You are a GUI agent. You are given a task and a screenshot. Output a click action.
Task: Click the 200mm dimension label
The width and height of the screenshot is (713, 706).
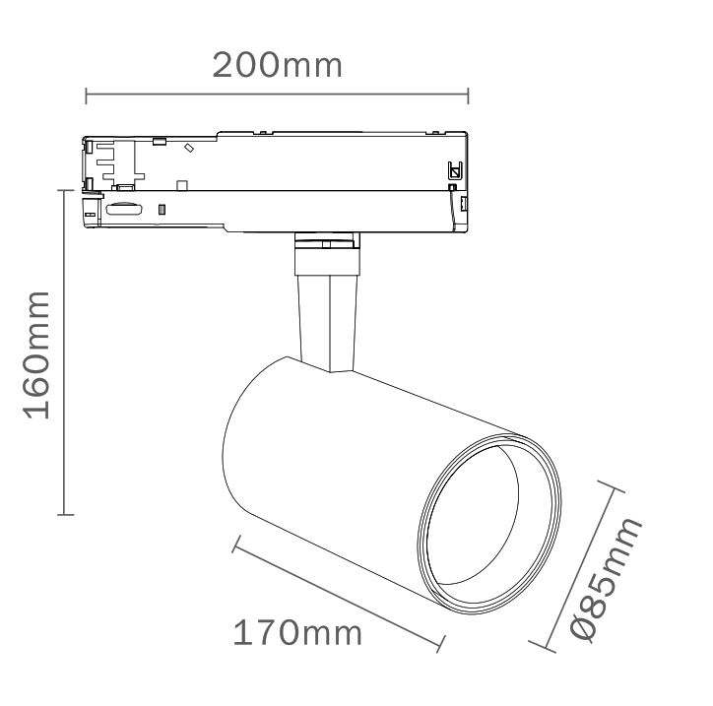tap(277, 65)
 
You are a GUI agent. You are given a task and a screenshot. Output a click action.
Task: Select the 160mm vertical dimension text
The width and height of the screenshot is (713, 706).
tap(36, 355)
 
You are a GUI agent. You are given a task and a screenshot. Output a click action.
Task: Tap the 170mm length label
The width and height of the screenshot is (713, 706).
tap(297, 632)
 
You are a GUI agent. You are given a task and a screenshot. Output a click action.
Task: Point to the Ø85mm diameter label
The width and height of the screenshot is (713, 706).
tap(606, 579)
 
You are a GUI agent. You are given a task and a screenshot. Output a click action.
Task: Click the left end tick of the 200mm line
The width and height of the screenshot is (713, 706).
tap(86, 96)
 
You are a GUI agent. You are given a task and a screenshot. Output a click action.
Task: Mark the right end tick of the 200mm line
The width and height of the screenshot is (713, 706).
tap(468, 96)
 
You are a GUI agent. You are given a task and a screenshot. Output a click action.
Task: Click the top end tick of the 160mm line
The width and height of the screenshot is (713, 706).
tap(65, 190)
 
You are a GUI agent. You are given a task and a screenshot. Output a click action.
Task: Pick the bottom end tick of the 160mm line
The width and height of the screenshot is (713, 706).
tap(65, 515)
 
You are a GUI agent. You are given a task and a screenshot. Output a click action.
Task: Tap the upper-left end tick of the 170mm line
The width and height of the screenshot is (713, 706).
tap(236, 545)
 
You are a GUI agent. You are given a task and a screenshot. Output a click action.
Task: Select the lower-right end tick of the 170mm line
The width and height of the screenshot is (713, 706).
tap(440, 644)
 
